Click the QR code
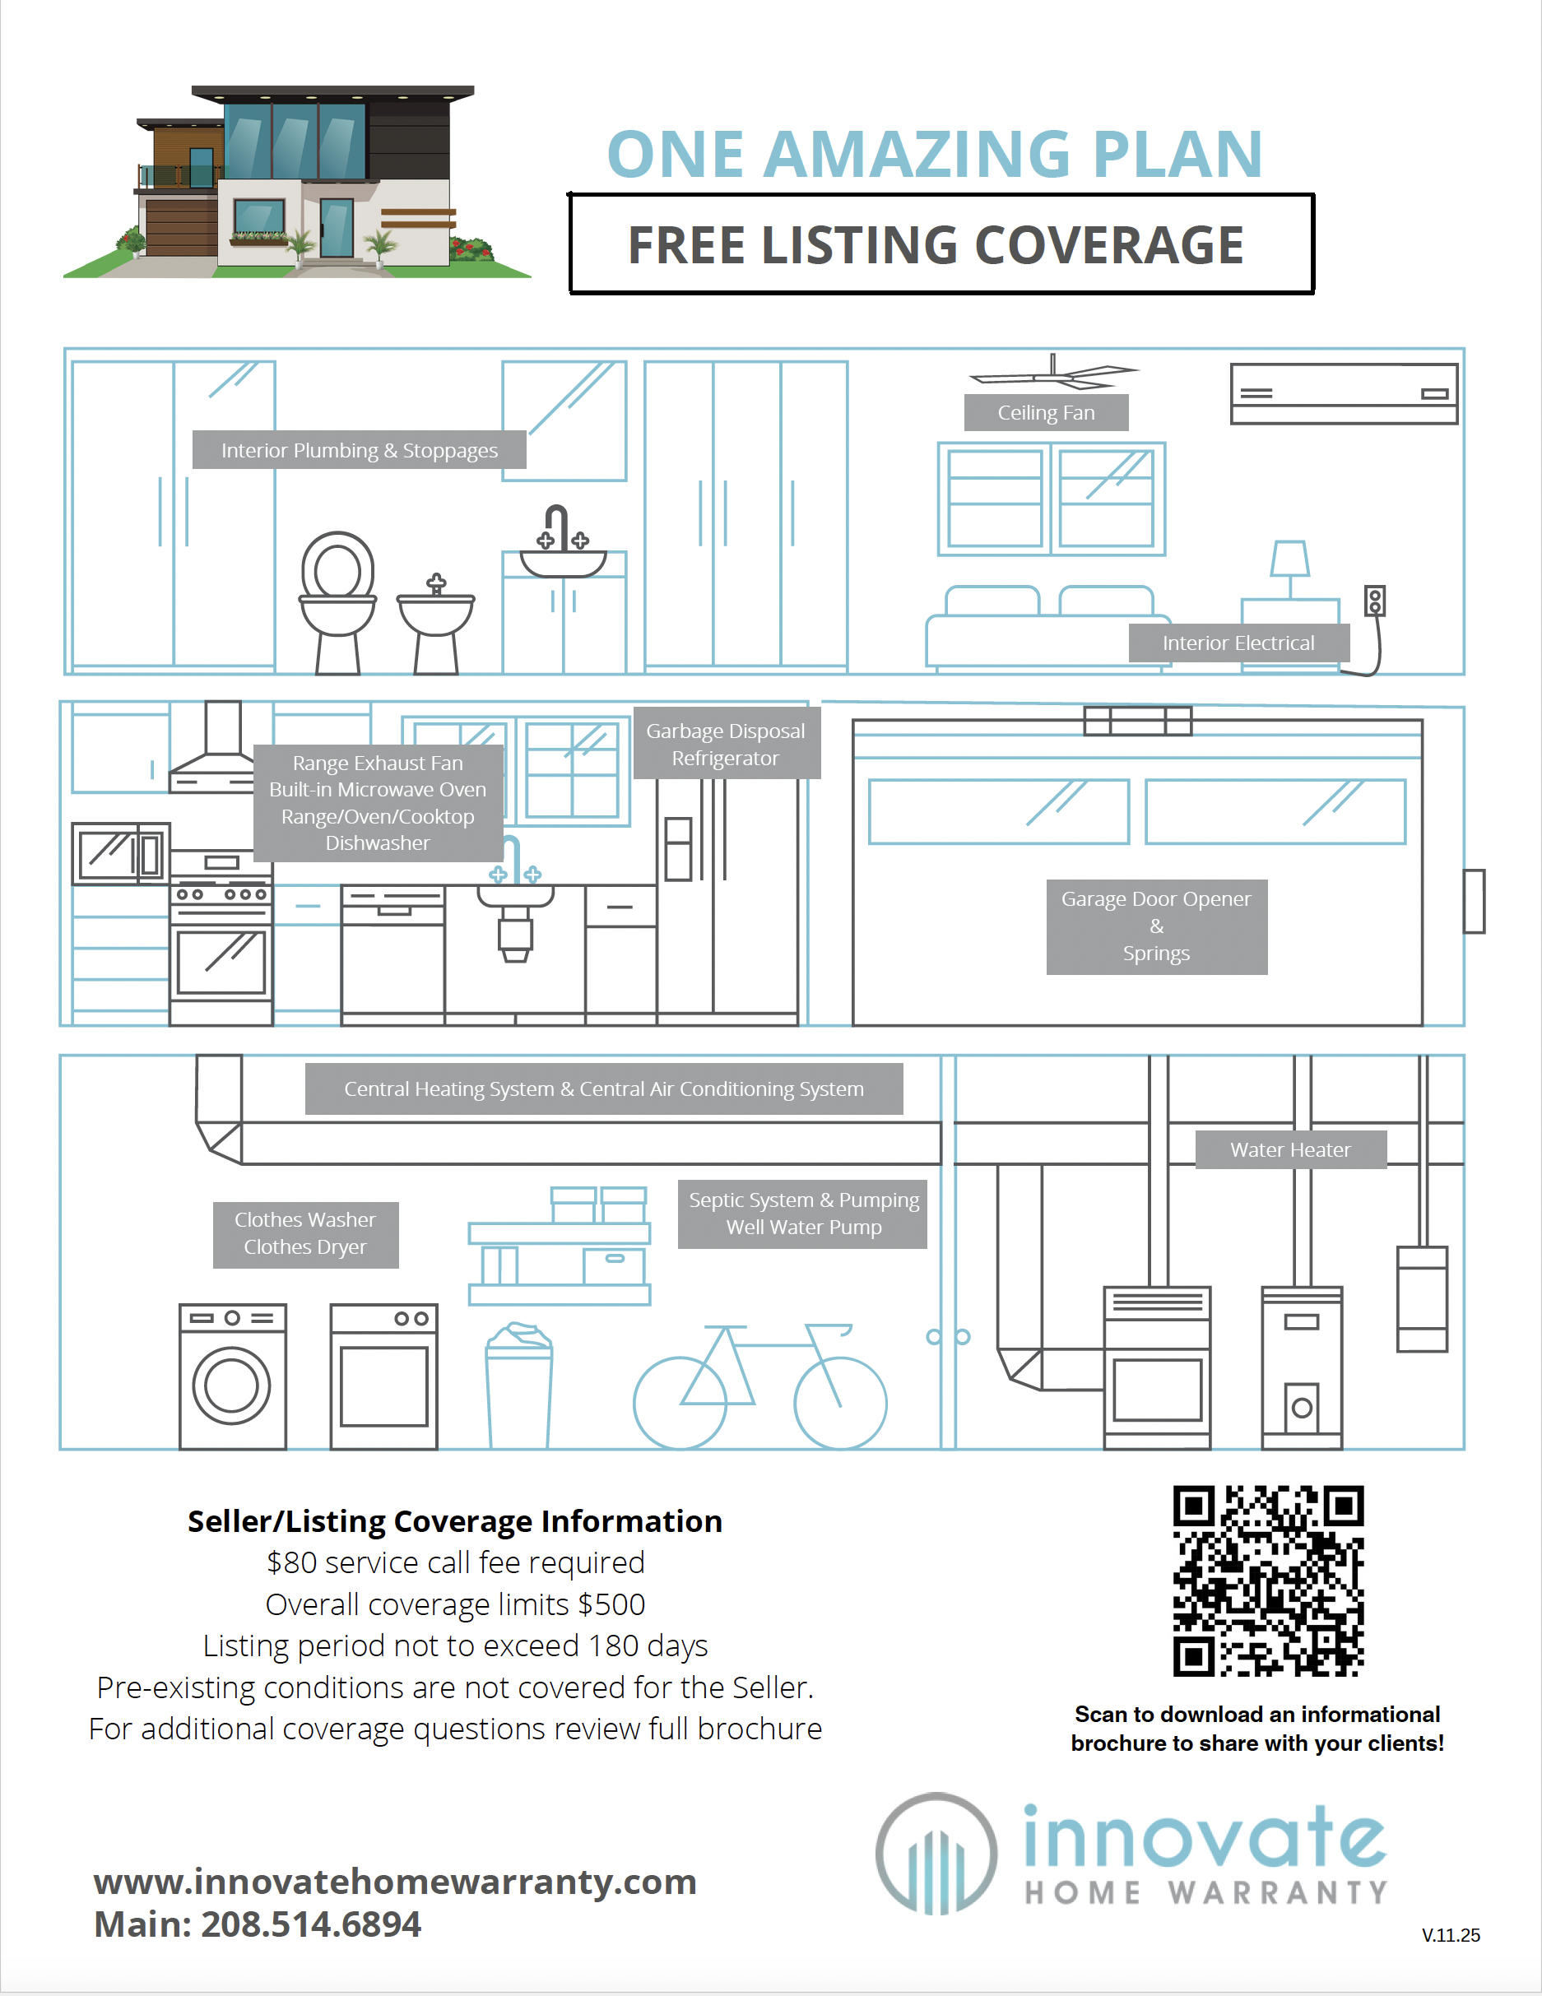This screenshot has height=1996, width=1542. coord(1268,1581)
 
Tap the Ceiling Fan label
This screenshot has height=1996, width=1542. coord(1046,413)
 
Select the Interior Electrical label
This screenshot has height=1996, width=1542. coord(1238,643)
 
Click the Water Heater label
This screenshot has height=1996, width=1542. coord(1289,1149)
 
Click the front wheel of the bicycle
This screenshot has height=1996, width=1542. coord(840,1403)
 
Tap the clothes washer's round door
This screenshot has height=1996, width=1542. coord(231,1386)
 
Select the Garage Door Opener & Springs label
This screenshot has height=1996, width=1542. coord(1156,926)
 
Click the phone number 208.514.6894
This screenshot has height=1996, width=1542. coord(311,1924)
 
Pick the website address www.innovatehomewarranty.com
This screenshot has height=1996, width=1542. coord(395,1882)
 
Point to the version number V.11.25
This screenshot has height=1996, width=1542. coord(1451,1935)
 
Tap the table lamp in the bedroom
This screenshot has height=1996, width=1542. coord(1289,567)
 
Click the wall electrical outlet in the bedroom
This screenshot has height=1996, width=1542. coord(1375,601)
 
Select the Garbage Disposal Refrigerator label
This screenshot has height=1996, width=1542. coord(726,744)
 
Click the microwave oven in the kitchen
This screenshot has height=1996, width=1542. coord(121,853)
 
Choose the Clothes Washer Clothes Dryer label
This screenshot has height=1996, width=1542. coord(305,1234)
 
